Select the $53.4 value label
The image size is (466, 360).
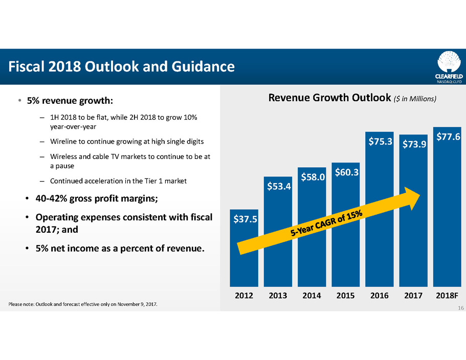click(278, 187)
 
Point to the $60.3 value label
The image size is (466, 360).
click(345, 172)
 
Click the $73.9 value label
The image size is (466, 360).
click(413, 145)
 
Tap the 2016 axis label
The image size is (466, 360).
click(380, 296)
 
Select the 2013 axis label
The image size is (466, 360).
click(278, 296)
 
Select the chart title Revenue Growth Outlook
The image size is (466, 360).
click(330, 98)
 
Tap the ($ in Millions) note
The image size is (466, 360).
click(415, 99)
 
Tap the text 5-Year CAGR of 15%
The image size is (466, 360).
click(327, 224)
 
